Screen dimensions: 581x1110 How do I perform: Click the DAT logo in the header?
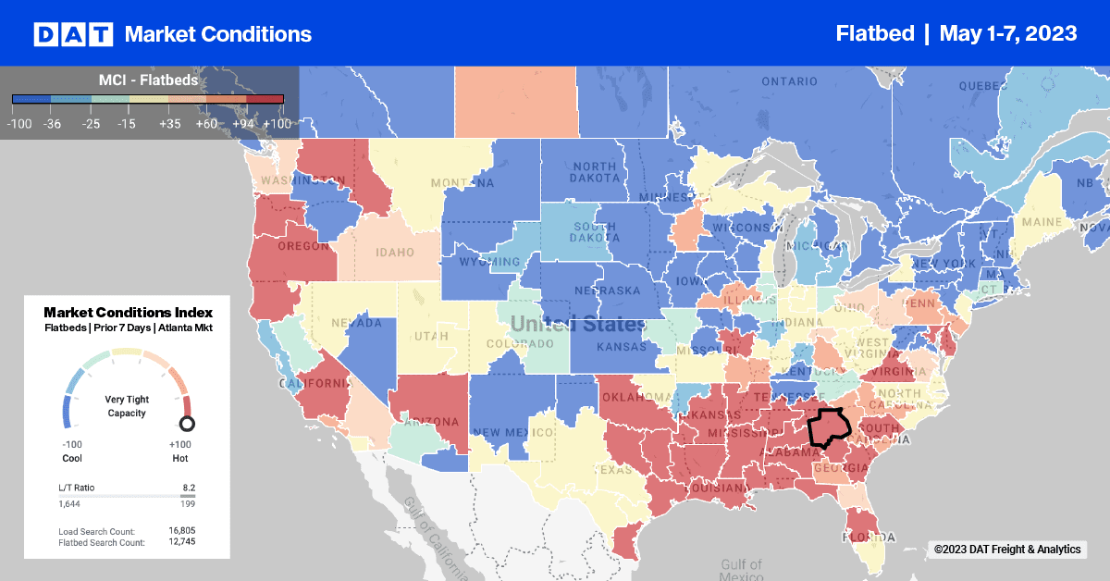73,34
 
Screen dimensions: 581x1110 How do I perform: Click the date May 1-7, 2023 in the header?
1007,34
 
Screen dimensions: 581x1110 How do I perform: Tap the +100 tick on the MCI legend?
277,122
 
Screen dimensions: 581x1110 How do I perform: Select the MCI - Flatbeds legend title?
148,80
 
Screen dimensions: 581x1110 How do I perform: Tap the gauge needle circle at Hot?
187,425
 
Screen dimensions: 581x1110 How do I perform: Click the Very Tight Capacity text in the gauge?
128,407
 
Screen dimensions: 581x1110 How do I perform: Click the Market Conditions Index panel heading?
128,313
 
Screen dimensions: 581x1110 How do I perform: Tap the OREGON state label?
303,247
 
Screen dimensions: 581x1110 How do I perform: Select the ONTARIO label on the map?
789,81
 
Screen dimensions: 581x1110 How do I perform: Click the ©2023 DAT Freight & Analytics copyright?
1006,550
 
